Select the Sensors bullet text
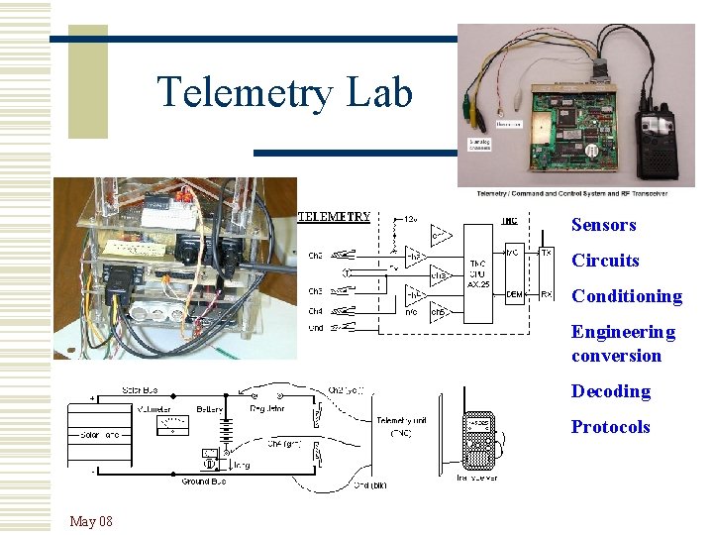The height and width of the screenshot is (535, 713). tap(603, 225)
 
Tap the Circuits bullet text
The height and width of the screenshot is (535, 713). tap(605, 261)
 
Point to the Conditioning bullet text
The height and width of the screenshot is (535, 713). tap(626, 296)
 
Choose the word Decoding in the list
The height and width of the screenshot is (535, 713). tap(610, 391)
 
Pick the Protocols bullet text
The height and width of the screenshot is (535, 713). tap(610, 427)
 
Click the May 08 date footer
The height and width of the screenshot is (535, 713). tap(91, 521)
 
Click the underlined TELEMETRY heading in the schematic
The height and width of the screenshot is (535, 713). tap(335, 216)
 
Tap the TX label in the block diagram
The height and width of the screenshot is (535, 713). tap(547, 252)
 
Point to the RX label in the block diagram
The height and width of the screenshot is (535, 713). tap(547, 293)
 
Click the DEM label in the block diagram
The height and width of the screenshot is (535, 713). tap(514, 294)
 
